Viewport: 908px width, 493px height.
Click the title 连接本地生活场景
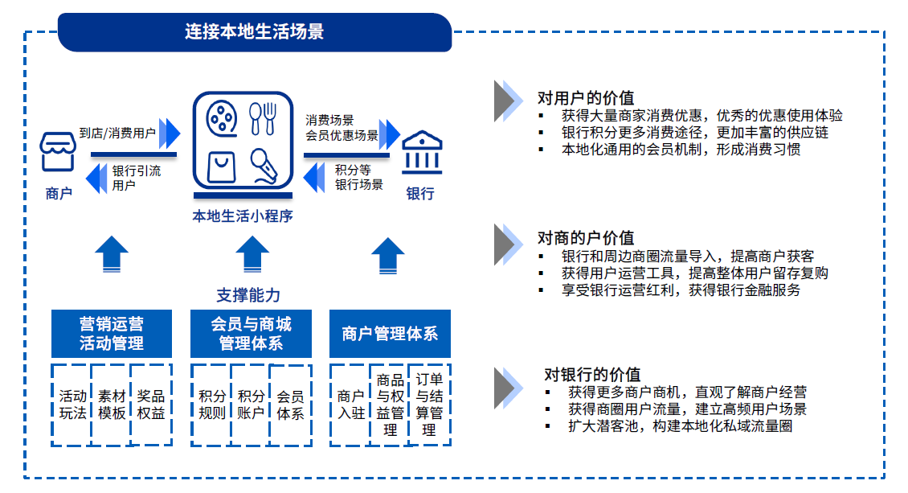tap(254, 32)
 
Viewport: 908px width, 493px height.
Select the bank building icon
tap(421, 153)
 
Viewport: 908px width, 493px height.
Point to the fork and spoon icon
tap(262, 118)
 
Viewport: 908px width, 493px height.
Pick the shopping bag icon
tap(221, 166)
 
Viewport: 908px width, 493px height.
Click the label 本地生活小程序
tap(242, 216)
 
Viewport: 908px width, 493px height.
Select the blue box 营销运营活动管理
tap(111, 334)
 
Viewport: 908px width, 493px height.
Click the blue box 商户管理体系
tap(390, 334)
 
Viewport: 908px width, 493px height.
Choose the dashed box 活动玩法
tap(72, 405)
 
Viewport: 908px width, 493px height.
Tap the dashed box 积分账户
tap(251, 405)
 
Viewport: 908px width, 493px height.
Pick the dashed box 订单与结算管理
tap(429, 405)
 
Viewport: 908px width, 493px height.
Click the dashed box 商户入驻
tap(350, 405)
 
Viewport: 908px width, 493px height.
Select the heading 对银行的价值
tap(592, 374)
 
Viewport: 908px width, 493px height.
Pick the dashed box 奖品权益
tap(150, 405)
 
